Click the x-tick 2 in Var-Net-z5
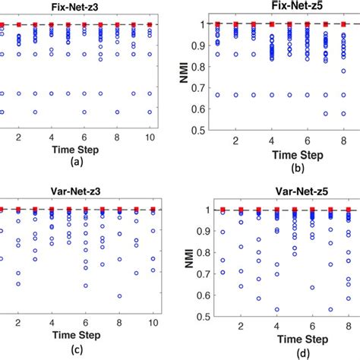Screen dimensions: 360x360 (x=241, y=327)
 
